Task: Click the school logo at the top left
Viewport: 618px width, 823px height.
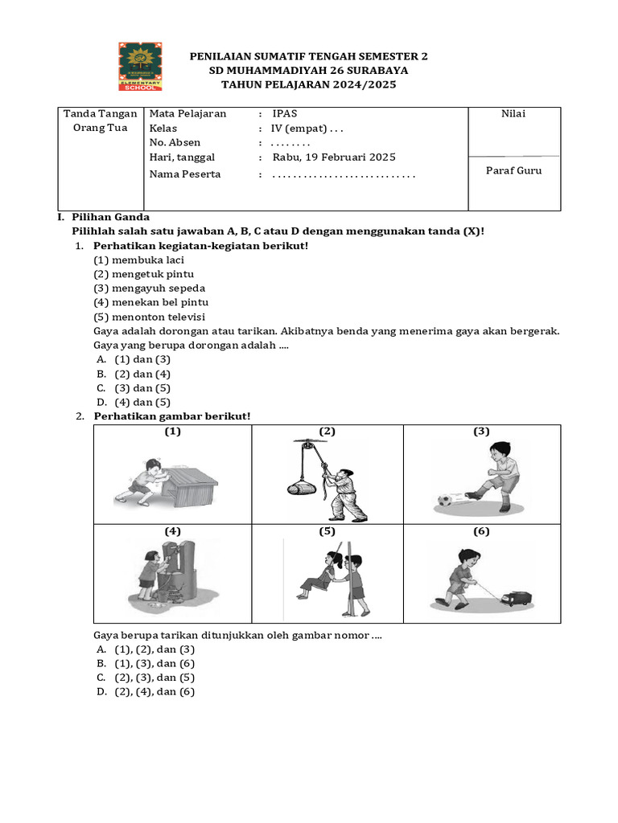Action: (x=141, y=67)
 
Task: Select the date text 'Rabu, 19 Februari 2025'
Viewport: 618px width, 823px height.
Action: (x=334, y=158)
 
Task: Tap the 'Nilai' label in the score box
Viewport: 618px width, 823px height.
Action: (x=513, y=113)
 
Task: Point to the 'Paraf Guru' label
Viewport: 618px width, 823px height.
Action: (x=513, y=170)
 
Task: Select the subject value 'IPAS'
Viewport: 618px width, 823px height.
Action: (x=284, y=113)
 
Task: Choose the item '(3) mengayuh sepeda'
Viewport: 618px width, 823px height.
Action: (x=149, y=288)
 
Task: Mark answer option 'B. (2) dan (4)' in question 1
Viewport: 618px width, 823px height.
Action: (x=134, y=374)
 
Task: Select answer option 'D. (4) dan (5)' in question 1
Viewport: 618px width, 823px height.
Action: (x=134, y=402)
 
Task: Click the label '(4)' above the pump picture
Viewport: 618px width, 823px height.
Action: (x=173, y=532)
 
